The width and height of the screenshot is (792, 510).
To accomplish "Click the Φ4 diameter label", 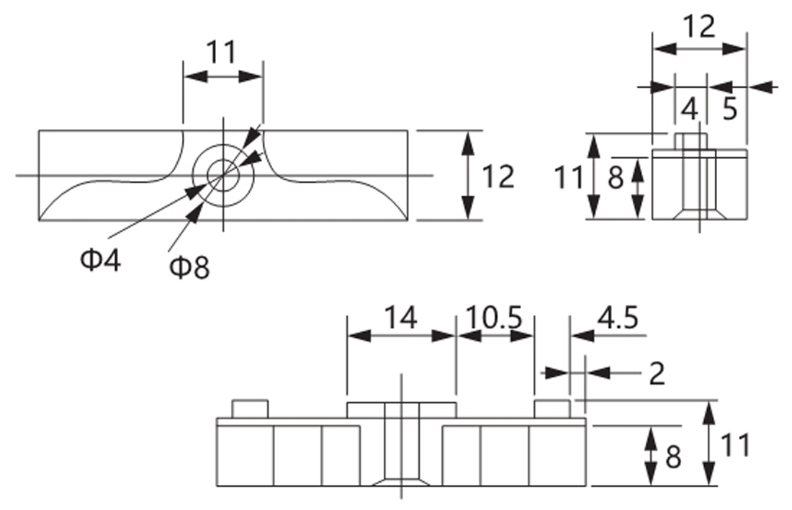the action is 101,261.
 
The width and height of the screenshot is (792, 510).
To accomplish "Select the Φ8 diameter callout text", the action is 189,267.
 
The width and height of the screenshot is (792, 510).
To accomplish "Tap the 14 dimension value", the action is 401,318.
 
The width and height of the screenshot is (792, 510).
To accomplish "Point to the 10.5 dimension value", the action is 493,318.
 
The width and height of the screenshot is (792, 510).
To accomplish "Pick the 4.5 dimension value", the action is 618,318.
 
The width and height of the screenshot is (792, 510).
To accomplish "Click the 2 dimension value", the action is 657,374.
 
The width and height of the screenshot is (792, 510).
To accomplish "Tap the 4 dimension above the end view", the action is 690,109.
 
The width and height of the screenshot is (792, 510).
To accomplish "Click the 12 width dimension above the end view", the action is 700,26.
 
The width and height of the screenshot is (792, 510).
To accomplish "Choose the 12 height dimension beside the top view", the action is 498,176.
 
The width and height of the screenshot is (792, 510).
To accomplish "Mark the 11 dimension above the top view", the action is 222,52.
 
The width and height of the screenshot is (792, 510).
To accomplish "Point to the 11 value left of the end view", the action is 569,177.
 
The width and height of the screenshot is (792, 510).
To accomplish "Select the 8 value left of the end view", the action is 615,178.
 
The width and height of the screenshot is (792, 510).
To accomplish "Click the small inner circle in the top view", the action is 222,175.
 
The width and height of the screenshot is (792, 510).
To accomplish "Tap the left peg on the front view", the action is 250,409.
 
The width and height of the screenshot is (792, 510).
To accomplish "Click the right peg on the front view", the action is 552,409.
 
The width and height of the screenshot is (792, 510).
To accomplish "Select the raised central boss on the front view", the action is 401,411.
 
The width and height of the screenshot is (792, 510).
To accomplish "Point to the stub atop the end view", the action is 691,141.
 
